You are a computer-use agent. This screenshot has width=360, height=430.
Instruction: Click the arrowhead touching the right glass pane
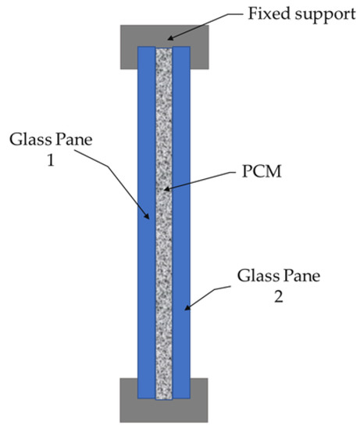click(x=188, y=310)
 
